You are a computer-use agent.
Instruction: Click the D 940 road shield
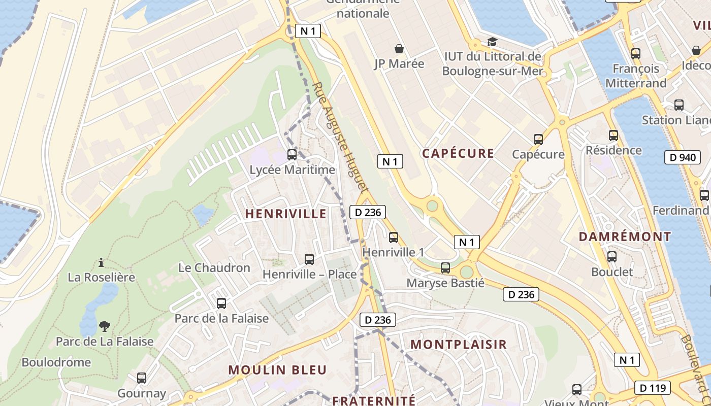point(683,157)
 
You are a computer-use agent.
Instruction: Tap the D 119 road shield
point(652,388)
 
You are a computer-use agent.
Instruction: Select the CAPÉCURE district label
point(458,153)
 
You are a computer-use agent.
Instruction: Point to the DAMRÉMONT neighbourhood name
point(625,236)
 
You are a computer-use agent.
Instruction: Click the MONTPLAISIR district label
point(459,344)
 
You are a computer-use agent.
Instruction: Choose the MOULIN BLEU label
point(277,370)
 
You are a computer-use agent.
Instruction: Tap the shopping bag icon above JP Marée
point(399,49)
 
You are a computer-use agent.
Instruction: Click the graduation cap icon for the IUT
point(492,42)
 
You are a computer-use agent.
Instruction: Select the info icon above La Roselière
point(101,262)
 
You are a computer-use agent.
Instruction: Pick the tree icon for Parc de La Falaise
point(105,326)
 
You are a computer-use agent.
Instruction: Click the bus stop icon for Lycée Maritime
point(292,155)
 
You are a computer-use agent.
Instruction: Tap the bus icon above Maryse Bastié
point(445,267)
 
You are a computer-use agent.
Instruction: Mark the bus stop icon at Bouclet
point(612,257)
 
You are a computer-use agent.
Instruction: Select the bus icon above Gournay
point(142,378)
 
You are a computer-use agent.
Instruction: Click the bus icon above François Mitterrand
point(635,53)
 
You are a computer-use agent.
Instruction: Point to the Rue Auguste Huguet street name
point(339,137)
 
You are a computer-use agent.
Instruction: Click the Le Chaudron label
point(214,267)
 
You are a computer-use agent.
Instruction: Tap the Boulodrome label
point(56,362)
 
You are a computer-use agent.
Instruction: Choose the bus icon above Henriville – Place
point(309,259)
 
